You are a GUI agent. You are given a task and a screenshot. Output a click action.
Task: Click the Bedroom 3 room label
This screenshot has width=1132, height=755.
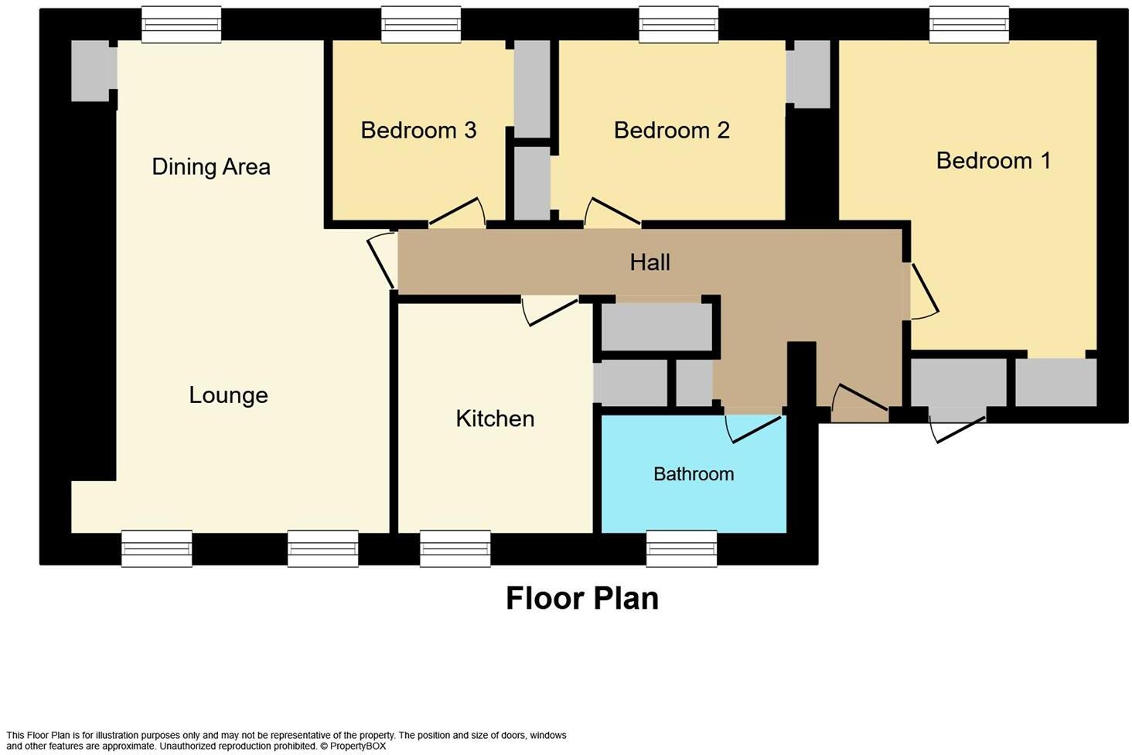[418, 130]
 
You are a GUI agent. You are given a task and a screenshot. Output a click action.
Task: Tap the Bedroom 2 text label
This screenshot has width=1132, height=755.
[671, 130]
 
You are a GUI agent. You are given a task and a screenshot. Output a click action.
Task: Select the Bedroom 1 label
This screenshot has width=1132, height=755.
[993, 160]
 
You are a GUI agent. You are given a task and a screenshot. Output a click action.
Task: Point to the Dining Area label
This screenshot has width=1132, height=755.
[211, 166]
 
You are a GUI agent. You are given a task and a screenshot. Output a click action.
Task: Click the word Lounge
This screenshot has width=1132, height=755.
[228, 395]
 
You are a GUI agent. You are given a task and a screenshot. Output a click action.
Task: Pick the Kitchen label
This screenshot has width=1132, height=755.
[495, 418]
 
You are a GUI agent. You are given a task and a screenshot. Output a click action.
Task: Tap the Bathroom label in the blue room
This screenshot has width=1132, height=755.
[694, 473]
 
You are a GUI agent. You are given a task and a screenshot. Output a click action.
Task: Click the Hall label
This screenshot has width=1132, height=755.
[650, 262]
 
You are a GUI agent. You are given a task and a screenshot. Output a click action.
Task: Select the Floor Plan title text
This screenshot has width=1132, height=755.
[581, 598]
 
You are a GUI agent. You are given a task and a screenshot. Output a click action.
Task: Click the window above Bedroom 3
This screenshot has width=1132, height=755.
[421, 24]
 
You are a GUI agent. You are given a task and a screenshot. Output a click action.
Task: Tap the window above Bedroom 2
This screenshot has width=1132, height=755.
[679, 24]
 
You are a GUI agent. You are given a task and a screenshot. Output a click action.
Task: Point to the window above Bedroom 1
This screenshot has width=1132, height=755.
[969, 24]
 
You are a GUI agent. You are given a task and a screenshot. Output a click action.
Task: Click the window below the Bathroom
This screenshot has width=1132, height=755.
[681, 548]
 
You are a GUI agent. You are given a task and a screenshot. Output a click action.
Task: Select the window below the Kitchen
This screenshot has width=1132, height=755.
[455, 548]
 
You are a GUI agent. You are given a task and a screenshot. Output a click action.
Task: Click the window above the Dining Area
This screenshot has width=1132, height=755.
[182, 24]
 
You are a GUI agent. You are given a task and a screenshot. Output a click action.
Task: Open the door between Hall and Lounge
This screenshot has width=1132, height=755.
[383, 261]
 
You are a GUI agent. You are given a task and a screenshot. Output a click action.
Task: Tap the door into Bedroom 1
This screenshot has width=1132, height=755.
[923, 292]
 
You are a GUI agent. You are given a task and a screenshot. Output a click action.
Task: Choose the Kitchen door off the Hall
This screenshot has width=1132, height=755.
[549, 310]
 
